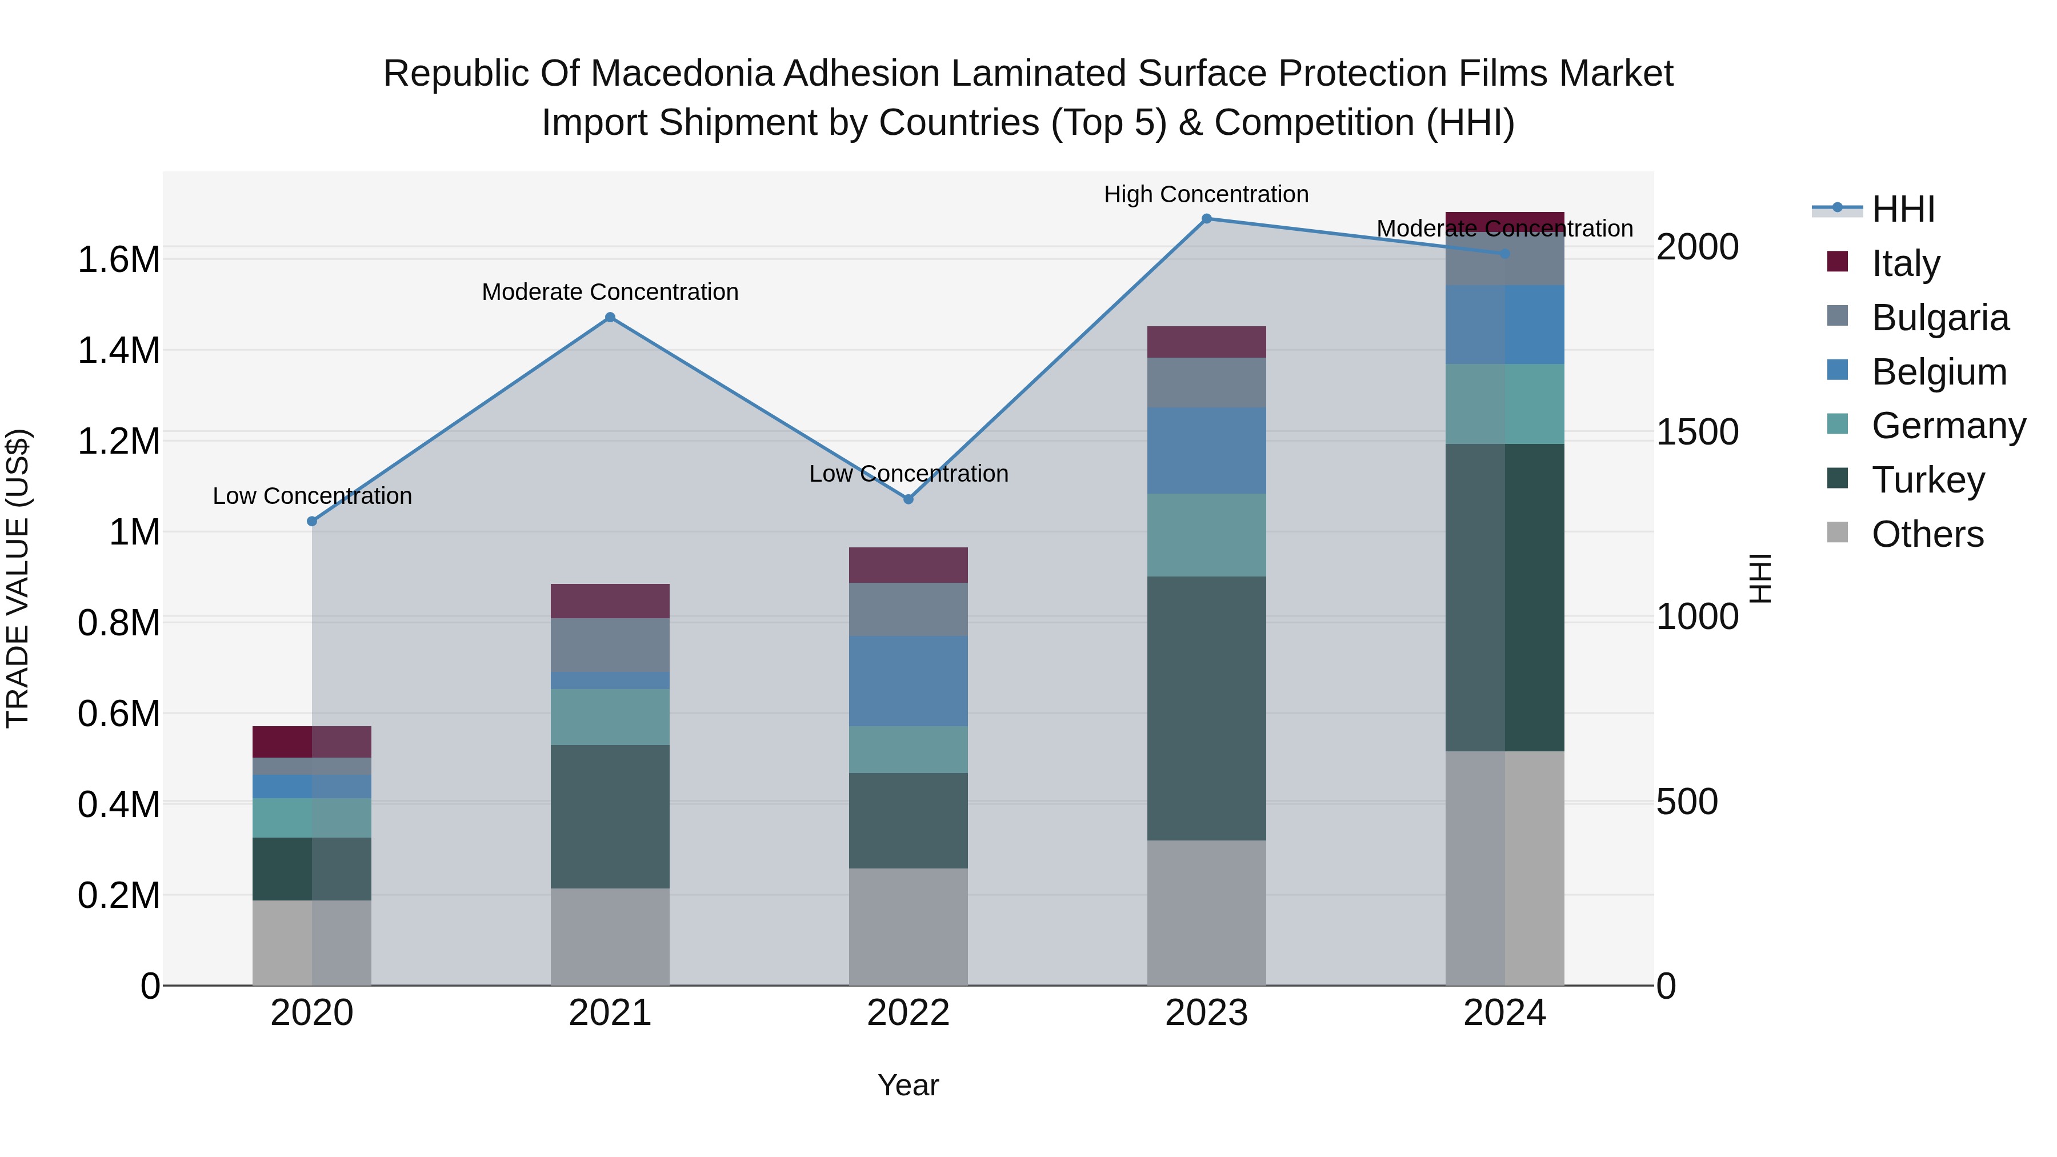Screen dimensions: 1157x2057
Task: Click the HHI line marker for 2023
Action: [x=1206, y=219]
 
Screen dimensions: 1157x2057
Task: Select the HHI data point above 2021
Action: [x=610, y=317]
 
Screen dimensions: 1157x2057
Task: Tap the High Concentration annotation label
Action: [x=1206, y=194]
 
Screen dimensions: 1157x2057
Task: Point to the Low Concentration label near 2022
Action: [x=908, y=474]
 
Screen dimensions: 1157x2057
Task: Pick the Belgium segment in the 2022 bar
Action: [x=908, y=680]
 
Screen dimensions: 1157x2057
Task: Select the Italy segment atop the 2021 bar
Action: [x=610, y=600]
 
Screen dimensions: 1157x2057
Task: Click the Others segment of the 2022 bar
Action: [x=908, y=926]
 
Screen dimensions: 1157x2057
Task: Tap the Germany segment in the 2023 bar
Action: [x=1206, y=535]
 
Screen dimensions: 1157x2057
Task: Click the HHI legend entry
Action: [x=1902, y=209]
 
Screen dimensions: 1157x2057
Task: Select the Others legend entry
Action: [x=1926, y=534]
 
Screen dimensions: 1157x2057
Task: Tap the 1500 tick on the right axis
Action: [x=1697, y=432]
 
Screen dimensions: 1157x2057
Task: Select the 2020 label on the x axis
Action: [x=311, y=1013]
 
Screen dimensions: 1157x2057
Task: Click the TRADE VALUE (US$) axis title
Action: [x=18, y=578]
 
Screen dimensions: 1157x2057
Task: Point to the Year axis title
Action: [x=908, y=1085]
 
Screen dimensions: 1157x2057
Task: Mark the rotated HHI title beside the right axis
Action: [x=1760, y=578]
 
